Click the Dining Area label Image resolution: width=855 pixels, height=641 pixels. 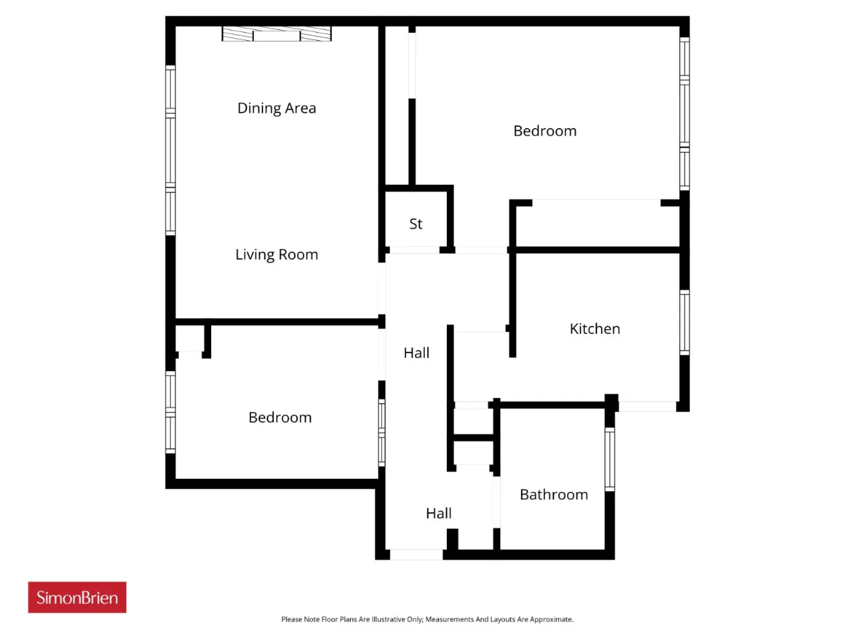point(277,108)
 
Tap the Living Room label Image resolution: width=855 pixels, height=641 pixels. point(277,255)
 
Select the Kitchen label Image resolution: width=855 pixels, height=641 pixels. point(594,329)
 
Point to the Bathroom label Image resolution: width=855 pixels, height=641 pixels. point(554,495)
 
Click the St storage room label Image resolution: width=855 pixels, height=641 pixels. point(415,224)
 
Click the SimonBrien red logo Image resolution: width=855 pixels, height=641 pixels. point(77,597)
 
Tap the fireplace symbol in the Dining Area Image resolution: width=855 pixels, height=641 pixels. point(277,33)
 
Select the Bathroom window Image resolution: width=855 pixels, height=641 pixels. point(610,459)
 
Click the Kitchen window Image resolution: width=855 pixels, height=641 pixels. point(685,323)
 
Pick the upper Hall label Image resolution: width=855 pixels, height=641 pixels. point(416,353)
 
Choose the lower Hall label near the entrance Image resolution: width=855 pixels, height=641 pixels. point(439,513)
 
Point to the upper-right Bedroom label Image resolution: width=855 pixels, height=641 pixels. point(545,131)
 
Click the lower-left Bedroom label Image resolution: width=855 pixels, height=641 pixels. point(280,417)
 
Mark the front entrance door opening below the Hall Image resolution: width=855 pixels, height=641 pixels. point(416,554)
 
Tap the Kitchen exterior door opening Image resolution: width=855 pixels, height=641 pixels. point(647,407)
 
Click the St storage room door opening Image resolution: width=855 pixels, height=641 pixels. point(414,250)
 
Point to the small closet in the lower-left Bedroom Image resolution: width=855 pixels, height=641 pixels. point(190,339)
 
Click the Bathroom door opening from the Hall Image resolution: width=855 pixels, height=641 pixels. point(496,502)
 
